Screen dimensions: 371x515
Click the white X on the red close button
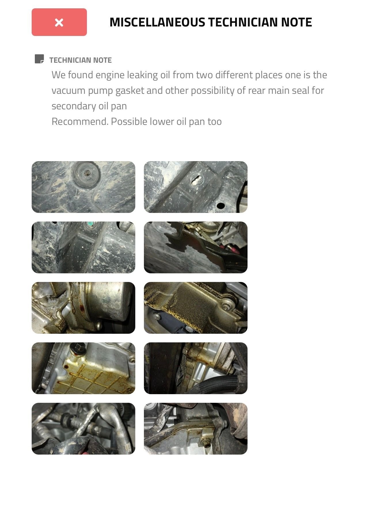click(x=59, y=22)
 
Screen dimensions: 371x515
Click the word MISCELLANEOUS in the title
click(x=157, y=22)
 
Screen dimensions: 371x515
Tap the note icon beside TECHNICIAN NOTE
click(x=39, y=59)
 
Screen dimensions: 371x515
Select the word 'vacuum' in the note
click(x=68, y=90)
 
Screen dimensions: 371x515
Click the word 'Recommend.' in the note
click(x=80, y=121)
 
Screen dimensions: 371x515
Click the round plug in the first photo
click(x=86, y=173)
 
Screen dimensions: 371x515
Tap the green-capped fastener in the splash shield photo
click(x=91, y=223)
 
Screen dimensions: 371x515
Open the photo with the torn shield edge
click(x=196, y=247)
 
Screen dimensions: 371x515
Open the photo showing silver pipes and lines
click(x=83, y=429)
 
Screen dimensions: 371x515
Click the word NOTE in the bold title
click(x=297, y=22)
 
